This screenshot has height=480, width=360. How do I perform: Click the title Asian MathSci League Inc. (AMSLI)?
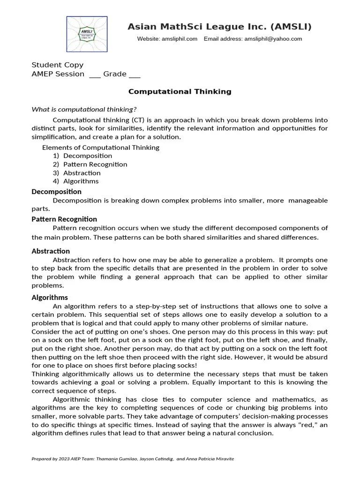[x=219, y=27]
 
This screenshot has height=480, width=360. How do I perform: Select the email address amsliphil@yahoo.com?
[x=273, y=39]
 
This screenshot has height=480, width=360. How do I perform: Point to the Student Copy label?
[x=57, y=65]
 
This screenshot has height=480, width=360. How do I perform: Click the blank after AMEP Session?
[x=95, y=75]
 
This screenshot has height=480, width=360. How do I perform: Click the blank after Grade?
[x=135, y=75]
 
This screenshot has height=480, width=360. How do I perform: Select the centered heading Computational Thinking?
[x=180, y=91]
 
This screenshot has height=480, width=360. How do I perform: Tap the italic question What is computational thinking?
[x=84, y=109]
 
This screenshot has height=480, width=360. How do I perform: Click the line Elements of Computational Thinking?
[x=101, y=147]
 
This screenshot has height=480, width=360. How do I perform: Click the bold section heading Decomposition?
[x=56, y=191]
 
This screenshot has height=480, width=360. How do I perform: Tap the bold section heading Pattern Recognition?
[x=64, y=219]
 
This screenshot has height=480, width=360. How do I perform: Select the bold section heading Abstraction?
[x=51, y=251]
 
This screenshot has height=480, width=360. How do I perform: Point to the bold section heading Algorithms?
[x=50, y=297]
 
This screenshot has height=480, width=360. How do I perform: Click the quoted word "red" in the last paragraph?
[x=306, y=425]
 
